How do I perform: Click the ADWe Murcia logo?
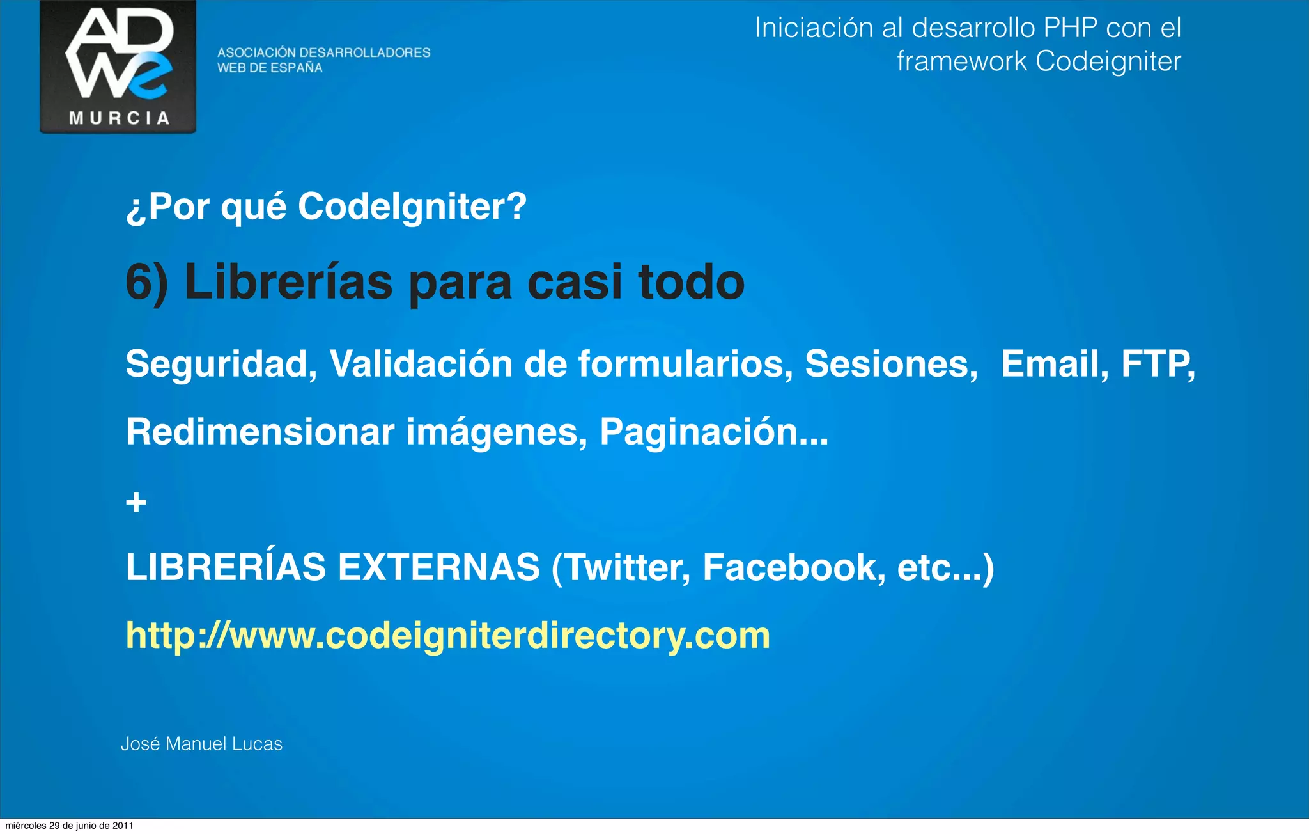pyautogui.click(x=118, y=66)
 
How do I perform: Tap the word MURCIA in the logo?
pyautogui.click(x=119, y=118)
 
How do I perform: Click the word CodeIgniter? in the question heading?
pyautogui.click(x=412, y=207)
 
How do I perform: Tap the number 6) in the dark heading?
pyautogui.click(x=147, y=283)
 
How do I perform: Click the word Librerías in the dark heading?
pyautogui.click(x=288, y=283)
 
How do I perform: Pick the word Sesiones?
pyautogui.click(x=891, y=364)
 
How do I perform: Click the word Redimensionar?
pyautogui.click(x=260, y=432)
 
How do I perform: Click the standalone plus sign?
pyautogui.click(x=136, y=502)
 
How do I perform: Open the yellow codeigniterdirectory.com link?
pyautogui.click(x=447, y=636)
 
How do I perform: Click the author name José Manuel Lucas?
pyautogui.click(x=201, y=744)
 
